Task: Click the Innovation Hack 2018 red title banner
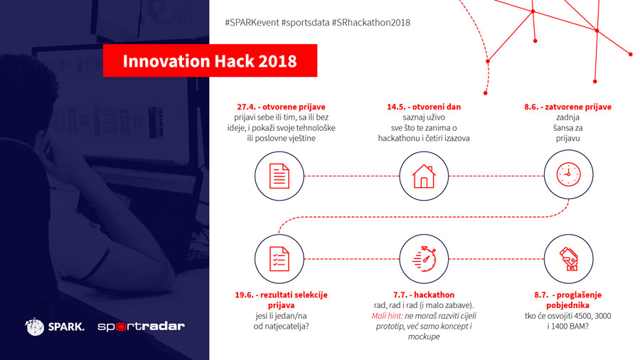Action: [x=210, y=60]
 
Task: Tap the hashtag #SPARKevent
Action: [x=252, y=23]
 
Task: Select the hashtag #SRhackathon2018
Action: [x=370, y=23]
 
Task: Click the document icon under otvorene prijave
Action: [x=279, y=176]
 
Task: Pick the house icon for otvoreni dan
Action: [x=424, y=176]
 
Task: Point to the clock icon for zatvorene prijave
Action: [x=568, y=174]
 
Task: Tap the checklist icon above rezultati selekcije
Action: [x=279, y=259]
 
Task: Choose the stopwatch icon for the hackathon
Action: [x=424, y=259]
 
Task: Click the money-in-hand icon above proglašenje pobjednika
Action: [x=568, y=259]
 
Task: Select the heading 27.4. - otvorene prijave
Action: [x=281, y=107]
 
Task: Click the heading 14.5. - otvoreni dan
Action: [x=424, y=107]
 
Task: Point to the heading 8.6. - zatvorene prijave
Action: [x=567, y=107]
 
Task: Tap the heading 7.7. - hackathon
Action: [x=424, y=295]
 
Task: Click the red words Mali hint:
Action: [x=387, y=316]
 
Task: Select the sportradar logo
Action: [x=142, y=326]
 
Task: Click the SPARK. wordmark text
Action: [x=66, y=327]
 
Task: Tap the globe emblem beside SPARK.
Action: [x=35, y=327]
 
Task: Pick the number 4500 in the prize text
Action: [x=582, y=316]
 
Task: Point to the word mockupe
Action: [x=424, y=337]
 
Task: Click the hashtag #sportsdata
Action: [x=305, y=23]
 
